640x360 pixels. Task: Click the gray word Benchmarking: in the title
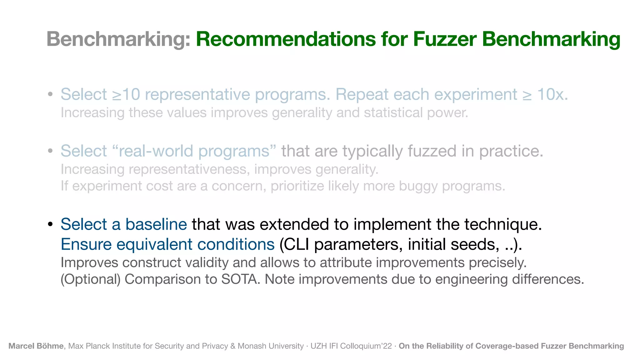pyautogui.click(x=118, y=39)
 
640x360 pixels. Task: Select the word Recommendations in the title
pyautogui.click(x=286, y=39)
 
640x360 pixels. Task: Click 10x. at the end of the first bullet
pyautogui.click(x=552, y=94)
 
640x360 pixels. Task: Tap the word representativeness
pyautogui.click(x=189, y=169)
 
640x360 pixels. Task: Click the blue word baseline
pyautogui.click(x=156, y=224)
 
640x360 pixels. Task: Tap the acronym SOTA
pyautogui.click(x=240, y=279)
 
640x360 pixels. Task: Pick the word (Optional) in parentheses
pyautogui.click(x=91, y=279)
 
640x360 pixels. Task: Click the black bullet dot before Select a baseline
pyautogui.click(x=50, y=225)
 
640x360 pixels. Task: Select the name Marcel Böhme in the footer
pyautogui.click(x=36, y=346)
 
